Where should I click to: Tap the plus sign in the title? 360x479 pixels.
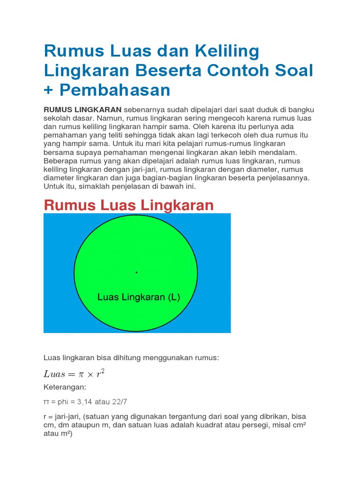coord(49,90)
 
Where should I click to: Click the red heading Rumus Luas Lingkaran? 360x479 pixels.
coord(128,205)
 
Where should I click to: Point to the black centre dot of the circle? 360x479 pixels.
coord(136,272)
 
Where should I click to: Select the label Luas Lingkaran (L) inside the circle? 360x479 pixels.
coord(138,297)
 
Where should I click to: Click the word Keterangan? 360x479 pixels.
coord(65,387)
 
